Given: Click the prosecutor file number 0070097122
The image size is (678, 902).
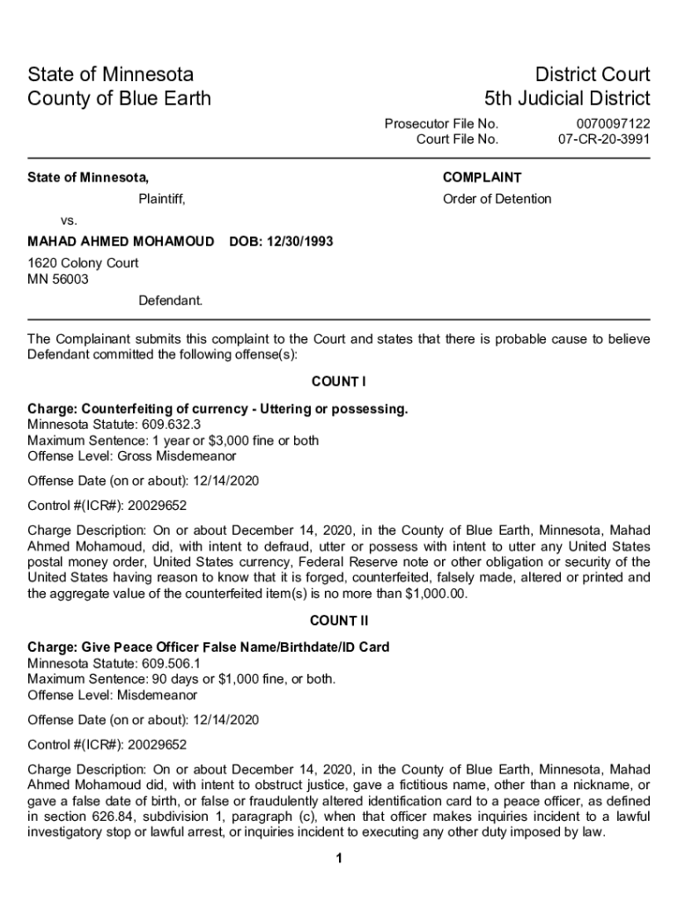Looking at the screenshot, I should [613, 124].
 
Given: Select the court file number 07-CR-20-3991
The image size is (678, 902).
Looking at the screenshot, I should [604, 139].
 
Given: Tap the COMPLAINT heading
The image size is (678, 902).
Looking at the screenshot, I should [482, 177].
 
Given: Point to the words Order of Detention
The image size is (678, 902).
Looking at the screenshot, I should [497, 198].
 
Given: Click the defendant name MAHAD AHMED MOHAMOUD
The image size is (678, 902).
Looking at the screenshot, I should [121, 241].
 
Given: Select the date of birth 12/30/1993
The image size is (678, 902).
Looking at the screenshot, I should [299, 241].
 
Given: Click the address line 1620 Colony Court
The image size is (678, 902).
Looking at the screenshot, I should [83, 262].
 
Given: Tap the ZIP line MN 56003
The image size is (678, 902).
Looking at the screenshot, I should [58, 279].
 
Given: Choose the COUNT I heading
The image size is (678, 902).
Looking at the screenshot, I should [338, 381].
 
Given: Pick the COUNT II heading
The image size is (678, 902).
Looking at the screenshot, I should [338, 620].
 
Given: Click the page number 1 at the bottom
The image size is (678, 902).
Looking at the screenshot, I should [338, 860].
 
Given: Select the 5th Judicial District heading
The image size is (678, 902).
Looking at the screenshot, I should [567, 98].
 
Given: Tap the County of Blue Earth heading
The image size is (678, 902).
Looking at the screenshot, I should [120, 98].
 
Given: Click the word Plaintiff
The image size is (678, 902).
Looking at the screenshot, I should [161, 198].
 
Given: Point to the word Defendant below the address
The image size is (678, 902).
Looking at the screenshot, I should [170, 300].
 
